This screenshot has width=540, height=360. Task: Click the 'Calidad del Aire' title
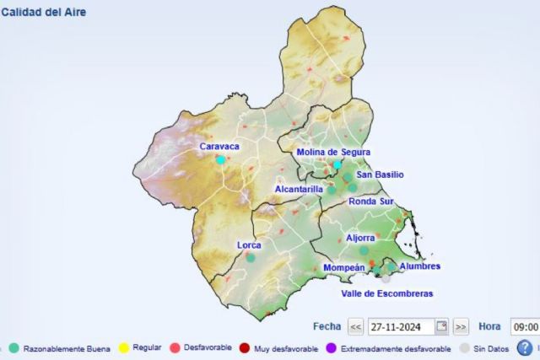(43, 13)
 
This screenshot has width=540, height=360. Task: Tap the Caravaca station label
(219, 147)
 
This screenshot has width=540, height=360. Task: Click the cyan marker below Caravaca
(221, 159)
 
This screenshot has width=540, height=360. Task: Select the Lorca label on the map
(249, 245)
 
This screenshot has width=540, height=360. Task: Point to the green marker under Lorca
(251, 258)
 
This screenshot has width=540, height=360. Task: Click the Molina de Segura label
(335, 153)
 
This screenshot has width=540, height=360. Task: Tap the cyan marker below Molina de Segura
(337, 164)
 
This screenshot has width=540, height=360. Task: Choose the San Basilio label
(380, 175)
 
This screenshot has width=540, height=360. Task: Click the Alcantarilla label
(299, 190)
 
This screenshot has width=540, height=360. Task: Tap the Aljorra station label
(360, 238)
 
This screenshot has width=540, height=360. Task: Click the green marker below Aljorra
(364, 250)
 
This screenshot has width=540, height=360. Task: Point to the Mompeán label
(344, 268)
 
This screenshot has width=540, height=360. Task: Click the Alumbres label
(419, 266)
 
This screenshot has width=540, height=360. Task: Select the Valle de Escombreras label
(387, 293)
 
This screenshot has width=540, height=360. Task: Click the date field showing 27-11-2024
(401, 326)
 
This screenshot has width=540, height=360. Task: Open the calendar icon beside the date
(441, 326)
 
